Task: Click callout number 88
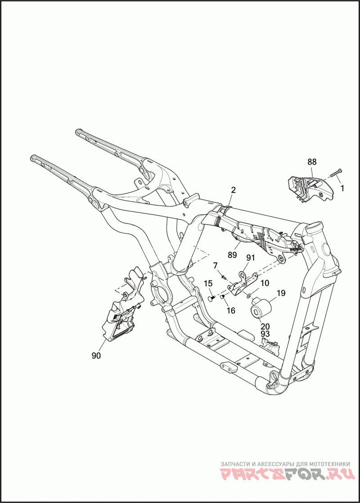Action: point(312,162)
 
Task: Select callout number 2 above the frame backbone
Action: point(234,190)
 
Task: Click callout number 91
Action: point(250,258)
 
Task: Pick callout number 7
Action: point(215,265)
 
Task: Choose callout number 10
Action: point(265,283)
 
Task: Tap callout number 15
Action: point(208,283)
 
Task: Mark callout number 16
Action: point(231,311)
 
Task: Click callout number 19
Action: point(281,293)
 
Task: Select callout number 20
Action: point(265,326)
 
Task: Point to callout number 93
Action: point(265,334)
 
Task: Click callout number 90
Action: point(96,355)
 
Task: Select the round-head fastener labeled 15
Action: point(211,299)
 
